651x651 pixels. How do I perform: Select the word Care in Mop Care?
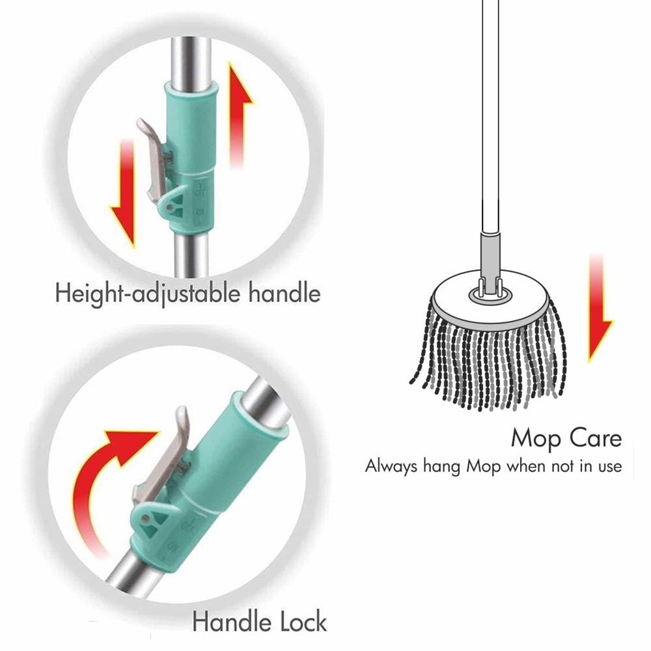(591, 437)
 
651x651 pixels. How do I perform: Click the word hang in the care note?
(441, 467)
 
